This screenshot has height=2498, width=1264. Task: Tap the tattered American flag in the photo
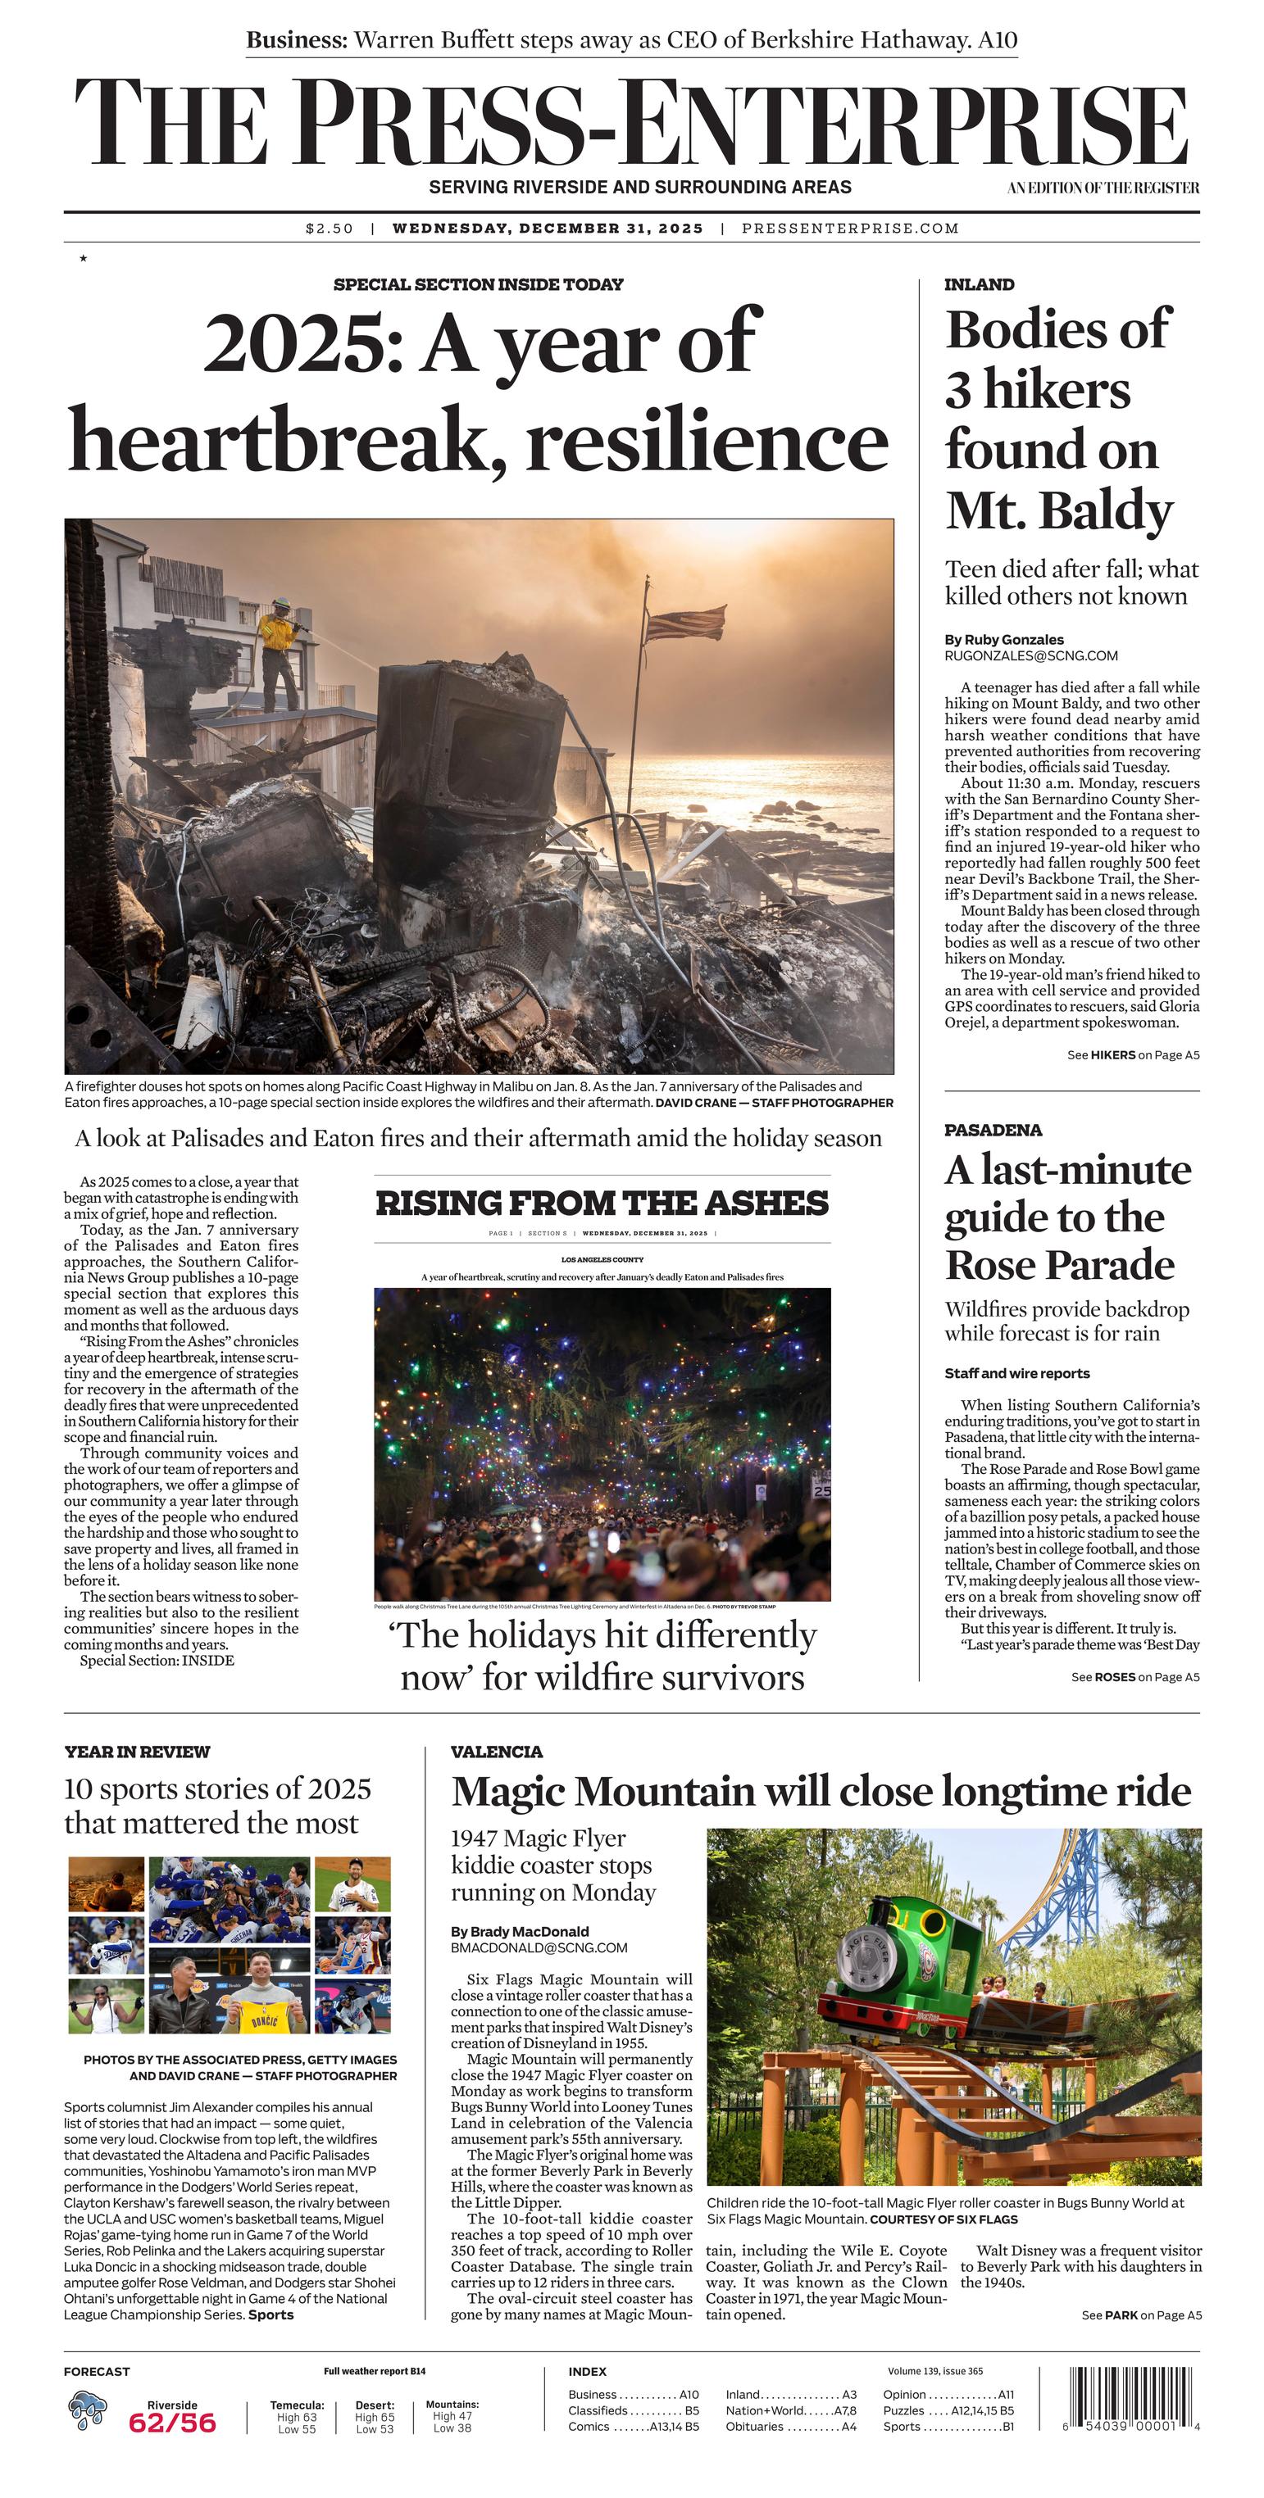click(x=684, y=623)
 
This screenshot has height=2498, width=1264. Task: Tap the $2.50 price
click(x=329, y=229)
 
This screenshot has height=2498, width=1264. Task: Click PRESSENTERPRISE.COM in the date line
click(x=850, y=229)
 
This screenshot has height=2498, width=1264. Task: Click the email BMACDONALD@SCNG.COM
click(x=539, y=1947)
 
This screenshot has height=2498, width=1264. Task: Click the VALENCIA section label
click(x=497, y=1752)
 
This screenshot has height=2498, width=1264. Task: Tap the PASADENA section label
click(x=993, y=1130)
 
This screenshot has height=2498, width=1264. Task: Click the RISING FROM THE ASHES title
click(x=602, y=1204)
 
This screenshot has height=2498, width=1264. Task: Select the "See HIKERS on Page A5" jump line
click(x=1132, y=1055)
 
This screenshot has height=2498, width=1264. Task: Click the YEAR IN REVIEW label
click(x=137, y=1752)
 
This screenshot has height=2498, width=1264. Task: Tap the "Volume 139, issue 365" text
click(x=934, y=2371)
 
